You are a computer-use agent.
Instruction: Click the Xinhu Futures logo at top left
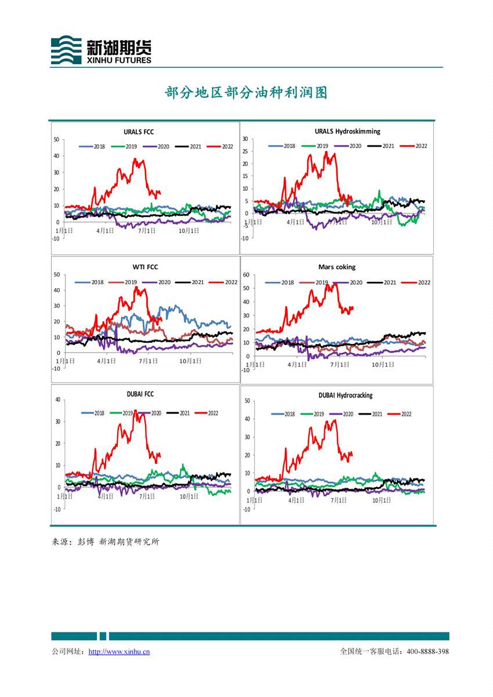coord(101,50)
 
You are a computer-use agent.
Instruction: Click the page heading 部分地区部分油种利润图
coord(246,93)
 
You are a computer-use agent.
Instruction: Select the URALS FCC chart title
coord(139,132)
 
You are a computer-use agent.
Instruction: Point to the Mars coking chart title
coord(337,267)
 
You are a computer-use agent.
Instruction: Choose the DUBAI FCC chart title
coord(140,394)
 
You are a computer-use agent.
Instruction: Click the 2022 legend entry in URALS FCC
coord(222,147)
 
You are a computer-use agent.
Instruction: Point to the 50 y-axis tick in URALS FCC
coord(56,139)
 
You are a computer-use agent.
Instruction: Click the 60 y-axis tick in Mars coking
coord(246,275)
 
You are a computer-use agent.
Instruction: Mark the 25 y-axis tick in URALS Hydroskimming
coord(245,151)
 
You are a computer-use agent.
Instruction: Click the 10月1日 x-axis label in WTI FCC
coord(190,361)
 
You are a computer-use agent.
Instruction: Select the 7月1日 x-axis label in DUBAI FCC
coord(148,496)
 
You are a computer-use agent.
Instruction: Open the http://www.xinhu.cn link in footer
coord(119,652)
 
